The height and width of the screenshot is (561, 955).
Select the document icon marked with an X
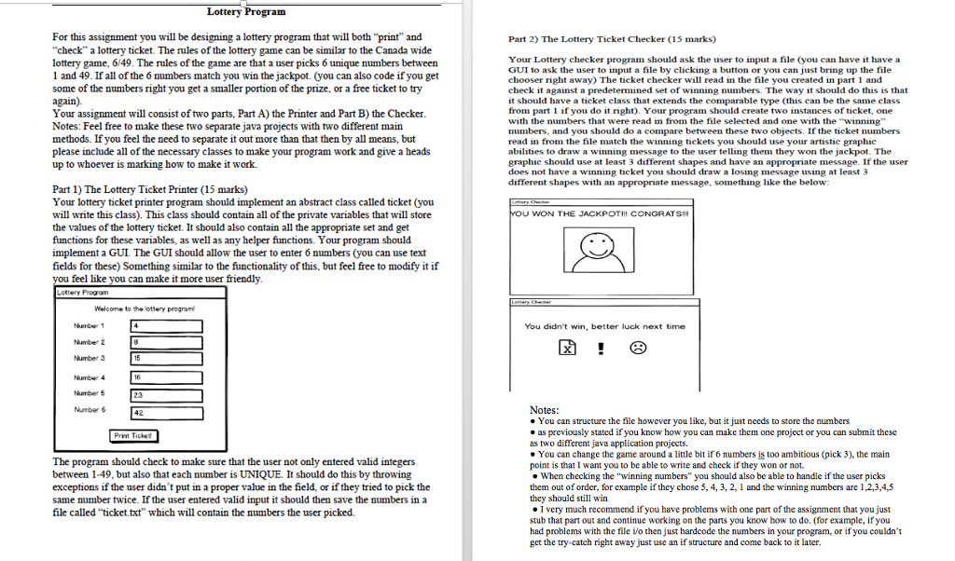click(x=566, y=349)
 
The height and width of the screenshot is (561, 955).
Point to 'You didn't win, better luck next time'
click(x=604, y=326)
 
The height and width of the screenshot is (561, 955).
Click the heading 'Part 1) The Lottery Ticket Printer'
click(x=141, y=189)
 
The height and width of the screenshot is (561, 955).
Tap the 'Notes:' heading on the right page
click(x=544, y=410)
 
